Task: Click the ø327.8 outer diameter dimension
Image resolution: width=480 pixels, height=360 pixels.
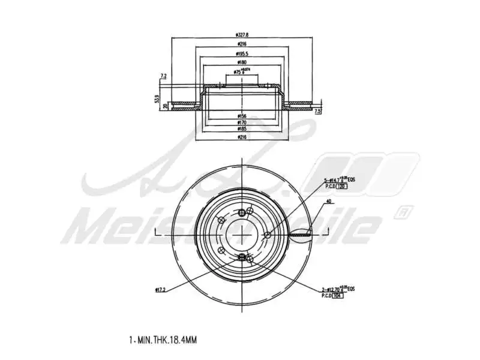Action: [242, 35]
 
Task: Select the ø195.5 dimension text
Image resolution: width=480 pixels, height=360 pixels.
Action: [242, 53]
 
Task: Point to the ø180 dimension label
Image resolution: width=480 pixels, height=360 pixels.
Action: [242, 62]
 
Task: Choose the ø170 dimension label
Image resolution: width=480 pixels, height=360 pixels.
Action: [242, 122]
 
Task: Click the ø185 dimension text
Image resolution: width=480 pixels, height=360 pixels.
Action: [242, 128]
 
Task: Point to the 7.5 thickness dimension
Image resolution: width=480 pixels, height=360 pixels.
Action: [318, 111]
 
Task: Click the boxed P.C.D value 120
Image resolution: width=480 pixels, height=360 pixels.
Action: [341, 187]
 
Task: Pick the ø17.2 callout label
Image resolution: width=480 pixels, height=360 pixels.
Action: [160, 290]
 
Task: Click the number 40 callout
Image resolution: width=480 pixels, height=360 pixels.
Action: [328, 202]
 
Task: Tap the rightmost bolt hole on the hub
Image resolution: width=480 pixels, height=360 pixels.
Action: [267, 235]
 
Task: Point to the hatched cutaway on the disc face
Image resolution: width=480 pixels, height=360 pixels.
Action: [300, 235]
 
